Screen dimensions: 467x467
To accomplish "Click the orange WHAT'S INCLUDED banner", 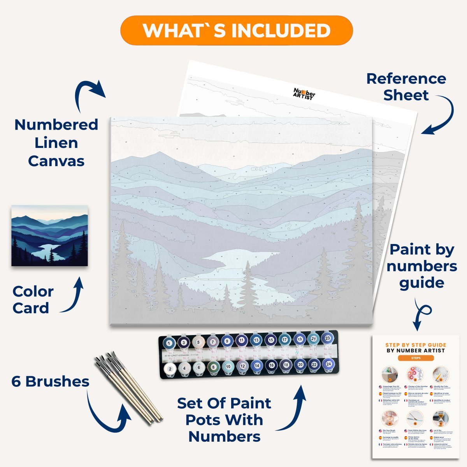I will coord(236,30).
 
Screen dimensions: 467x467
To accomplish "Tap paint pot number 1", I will coord(169,343).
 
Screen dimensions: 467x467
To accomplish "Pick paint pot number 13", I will coord(256,341).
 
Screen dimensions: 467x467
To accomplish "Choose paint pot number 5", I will coord(198,343).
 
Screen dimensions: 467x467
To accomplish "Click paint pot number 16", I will coord(271,365).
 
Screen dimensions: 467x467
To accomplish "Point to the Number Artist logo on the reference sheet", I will coord(304,93).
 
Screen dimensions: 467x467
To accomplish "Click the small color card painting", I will coord(49,236).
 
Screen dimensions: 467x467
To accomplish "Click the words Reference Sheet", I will coord(406,87).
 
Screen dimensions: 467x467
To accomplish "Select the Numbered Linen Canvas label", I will coord(56,143).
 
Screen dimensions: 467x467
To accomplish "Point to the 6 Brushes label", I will coord(50,382).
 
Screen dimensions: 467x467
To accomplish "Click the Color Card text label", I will coord(33,300).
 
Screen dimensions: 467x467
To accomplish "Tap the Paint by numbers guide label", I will coord(422,266).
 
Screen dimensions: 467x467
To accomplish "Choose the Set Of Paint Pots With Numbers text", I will coord(224,420).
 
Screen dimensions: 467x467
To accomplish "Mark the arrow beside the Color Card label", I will coord(74,296).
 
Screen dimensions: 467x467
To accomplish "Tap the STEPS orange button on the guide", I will coord(416,358).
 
